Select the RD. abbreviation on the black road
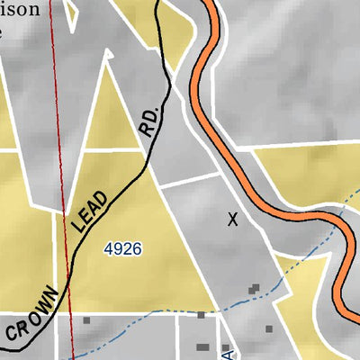point(150,121)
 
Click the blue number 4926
point(123,247)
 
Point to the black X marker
point(233,218)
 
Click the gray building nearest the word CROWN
point(87,319)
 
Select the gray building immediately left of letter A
point(202,346)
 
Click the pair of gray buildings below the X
point(257,288)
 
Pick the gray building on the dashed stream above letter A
point(201,315)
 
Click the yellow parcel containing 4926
point(126,270)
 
